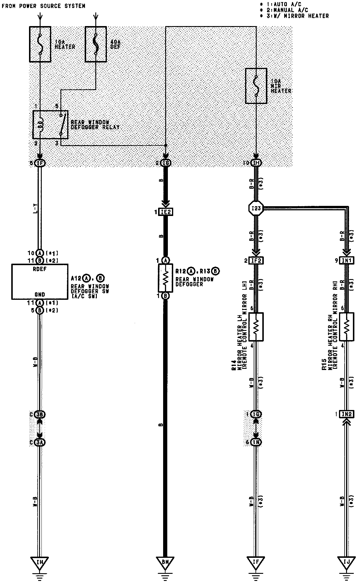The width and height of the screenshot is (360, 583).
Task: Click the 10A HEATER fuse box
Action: click(x=40, y=44)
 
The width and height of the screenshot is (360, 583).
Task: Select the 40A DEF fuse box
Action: click(x=96, y=44)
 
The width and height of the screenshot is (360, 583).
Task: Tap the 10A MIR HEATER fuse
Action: click(x=256, y=86)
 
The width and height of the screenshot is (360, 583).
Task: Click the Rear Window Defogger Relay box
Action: click(x=50, y=125)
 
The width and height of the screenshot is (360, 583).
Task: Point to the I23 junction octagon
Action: click(x=256, y=208)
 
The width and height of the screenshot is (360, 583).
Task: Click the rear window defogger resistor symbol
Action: click(x=165, y=278)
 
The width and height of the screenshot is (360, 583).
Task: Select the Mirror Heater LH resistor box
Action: click(x=256, y=327)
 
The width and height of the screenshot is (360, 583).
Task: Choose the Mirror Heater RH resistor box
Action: click(x=347, y=327)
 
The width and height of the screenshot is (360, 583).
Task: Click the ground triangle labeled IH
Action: click(x=40, y=562)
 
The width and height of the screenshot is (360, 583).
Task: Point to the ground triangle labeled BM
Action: click(x=165, y=562)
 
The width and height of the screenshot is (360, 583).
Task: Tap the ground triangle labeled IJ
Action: click(x=346, y=562)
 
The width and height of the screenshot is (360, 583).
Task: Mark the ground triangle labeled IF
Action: click(x=256, y=562)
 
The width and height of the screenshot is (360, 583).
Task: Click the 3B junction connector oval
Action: click(x=40, y=414)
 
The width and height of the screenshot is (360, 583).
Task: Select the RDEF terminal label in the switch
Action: click(x=40, y=269)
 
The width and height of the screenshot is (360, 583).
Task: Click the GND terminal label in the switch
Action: click(x=40, y=294)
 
